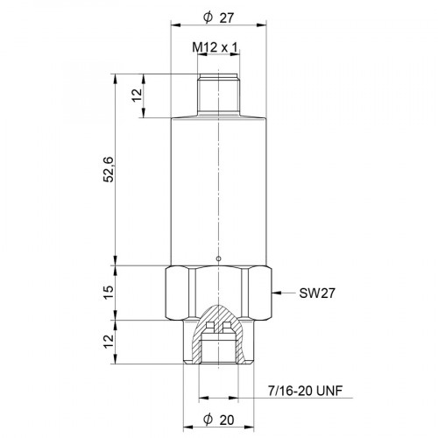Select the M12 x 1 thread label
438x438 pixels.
(x=216, y=48)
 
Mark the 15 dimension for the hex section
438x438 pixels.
(x=109, y=292)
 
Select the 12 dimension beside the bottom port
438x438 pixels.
(x=109, y=342)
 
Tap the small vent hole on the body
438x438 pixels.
(x=217, y=258)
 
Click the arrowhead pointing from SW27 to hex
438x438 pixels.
(x=277, y=292)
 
